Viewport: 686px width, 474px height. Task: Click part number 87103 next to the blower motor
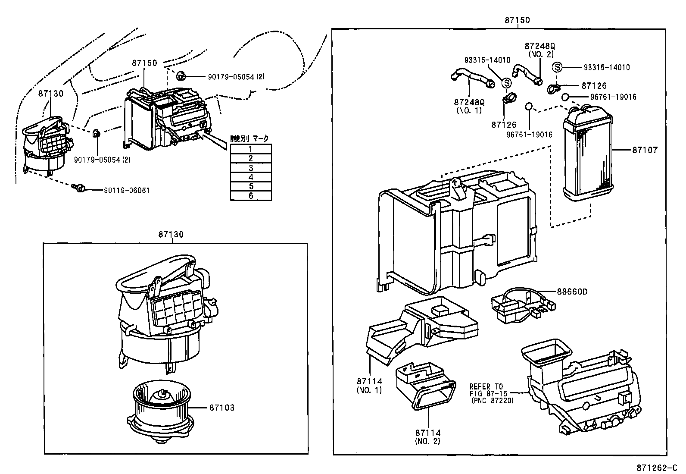point(222,408)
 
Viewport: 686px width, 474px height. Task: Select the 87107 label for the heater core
point(645,151)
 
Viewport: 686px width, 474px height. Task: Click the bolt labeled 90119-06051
point(80,188)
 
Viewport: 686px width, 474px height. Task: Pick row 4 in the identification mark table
point(251,177)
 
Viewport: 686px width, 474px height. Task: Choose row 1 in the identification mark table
point(251,149)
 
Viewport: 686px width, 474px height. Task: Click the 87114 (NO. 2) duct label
point(428,436)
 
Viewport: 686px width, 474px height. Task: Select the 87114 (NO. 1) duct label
point(369,385)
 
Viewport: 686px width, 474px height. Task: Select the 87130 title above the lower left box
point(171,235)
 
